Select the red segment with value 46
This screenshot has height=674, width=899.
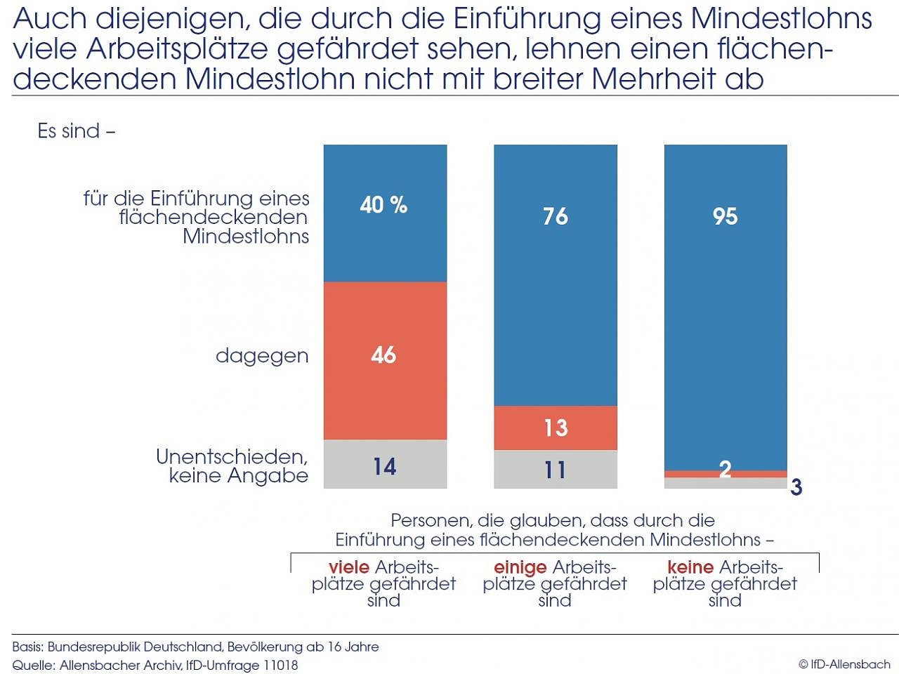[385, 360]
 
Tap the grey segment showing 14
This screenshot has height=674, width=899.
[385, 465]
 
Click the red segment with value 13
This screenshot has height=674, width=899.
[555, 428]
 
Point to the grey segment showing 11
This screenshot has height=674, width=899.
[555, 469]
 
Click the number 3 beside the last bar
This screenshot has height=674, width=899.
[796, 487]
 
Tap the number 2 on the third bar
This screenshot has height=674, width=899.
[725, 469]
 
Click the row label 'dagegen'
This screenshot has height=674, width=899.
[262, 356]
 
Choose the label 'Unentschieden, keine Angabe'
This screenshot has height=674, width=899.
[232, 466]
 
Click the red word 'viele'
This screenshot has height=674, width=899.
[348, 567]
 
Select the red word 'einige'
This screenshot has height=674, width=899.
[520, 567]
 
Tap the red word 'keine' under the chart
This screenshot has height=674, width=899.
[690, 567]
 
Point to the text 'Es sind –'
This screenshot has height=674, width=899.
[76, 131]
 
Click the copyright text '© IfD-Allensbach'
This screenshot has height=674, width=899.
[844, 664]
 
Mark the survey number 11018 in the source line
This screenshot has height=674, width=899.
[279, 665]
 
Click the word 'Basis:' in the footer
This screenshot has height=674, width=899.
[27, 647]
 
